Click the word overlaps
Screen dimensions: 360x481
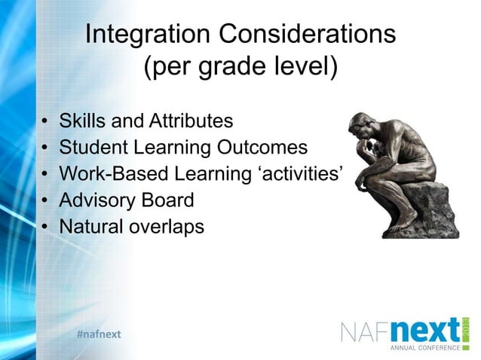[x=167, y=227]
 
